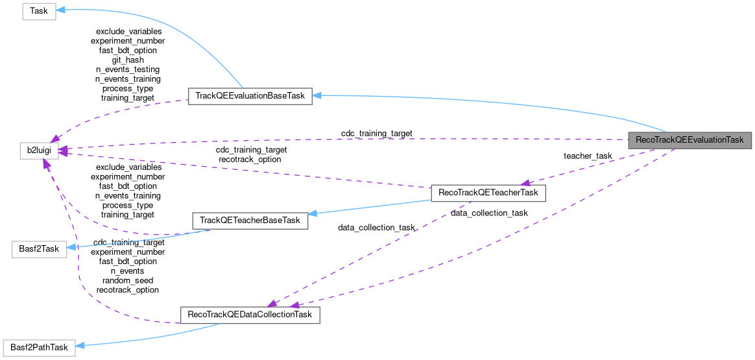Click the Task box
pos(39,12)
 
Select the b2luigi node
pos(39,150)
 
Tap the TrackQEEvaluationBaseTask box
pos(250,96)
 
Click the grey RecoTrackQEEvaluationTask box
pos(689,140)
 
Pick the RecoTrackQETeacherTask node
pos(488,193)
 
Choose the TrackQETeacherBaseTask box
pos(250,221)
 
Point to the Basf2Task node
pos(39,250)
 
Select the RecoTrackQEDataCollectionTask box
pos(249,315)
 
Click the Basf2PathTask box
pos(39,347)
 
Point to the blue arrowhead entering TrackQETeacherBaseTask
pos(313,213)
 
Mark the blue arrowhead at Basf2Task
pos(72,247)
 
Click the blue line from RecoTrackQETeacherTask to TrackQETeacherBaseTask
pos(370,207)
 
